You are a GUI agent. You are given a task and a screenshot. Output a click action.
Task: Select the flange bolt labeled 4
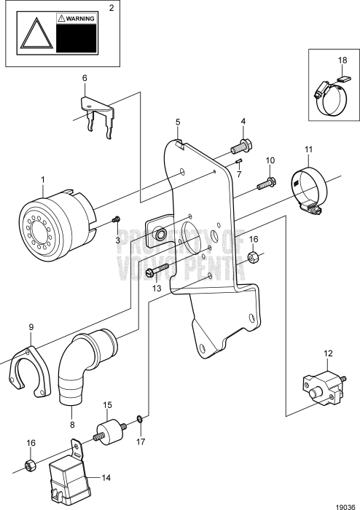tap(243, 147)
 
